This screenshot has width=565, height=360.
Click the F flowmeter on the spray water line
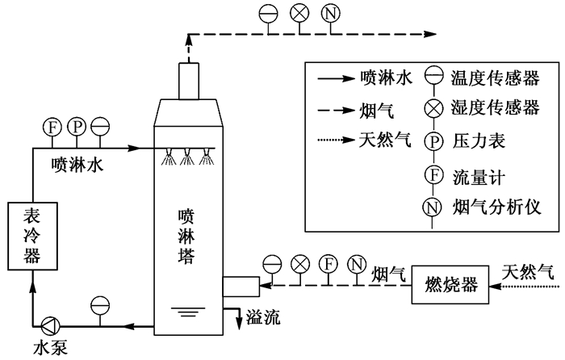coord(52,127)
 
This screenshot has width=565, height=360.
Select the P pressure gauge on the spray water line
coord(76,127)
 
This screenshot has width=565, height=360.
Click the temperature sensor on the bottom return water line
coord(100,304)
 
